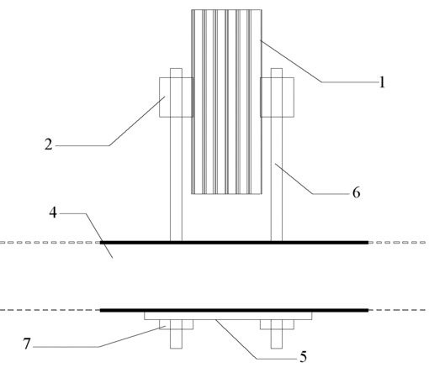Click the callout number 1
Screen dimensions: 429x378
382,82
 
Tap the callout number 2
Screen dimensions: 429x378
49,144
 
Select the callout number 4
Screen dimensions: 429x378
53,213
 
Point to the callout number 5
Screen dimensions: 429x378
303,357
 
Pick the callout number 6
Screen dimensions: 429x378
356,193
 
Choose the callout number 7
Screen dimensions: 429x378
27,344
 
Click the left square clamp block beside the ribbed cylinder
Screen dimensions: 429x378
177,97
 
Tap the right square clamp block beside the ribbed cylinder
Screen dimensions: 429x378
277,97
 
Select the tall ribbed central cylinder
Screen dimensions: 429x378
226,102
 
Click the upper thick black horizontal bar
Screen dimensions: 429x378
234,243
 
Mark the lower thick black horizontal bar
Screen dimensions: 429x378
234,310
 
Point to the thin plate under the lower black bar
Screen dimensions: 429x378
228,316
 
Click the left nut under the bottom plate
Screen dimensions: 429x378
176,324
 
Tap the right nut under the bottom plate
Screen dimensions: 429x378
277,324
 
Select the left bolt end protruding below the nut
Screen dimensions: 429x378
176,339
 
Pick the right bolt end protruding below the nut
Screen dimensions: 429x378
277,339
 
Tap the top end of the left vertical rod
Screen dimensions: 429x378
176,68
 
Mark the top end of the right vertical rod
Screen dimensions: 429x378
277,68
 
